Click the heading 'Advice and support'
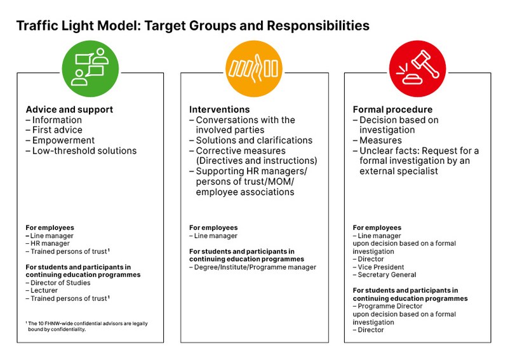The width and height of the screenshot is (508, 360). [x=69, y=109]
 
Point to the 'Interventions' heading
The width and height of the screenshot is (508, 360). [x=219, y=109]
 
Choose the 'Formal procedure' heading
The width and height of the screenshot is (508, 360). [x=392, y=109]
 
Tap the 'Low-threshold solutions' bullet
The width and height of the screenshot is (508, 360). [x=84, y=150]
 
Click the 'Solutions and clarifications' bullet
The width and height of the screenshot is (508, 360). [x=253, y=140]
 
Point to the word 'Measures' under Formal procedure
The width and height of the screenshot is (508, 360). [x=380, y=140]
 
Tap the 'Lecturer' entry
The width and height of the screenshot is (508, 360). [x=44, y=290]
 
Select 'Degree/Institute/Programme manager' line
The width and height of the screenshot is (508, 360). [x=255, y=267]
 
